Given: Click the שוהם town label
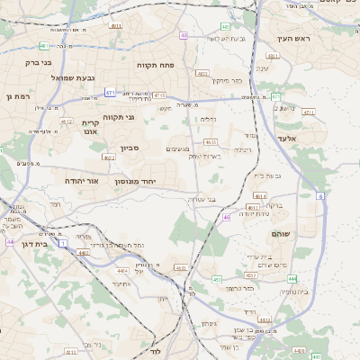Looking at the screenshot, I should coord(279,233).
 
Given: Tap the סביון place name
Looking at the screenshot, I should coord(129,148).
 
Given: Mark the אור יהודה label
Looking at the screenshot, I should coord(80,181).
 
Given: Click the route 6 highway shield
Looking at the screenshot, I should coord(320,194).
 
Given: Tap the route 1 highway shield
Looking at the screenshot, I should coord(63,243).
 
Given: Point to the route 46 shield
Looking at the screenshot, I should coord(227,217).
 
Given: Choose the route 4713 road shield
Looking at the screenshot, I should coord(159,94).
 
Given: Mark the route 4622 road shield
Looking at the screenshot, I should coord(109,157).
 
